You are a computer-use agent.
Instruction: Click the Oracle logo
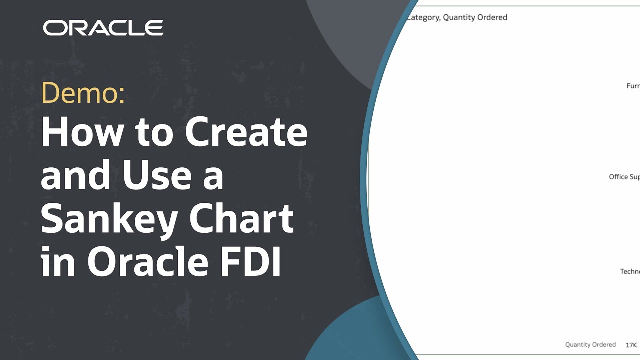click(103, 28)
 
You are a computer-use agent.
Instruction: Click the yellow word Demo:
click(83, 92)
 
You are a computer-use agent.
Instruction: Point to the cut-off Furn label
click(633, 86)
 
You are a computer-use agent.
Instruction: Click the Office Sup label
click(624, 177)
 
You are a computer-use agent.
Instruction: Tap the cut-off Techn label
click(630, 271)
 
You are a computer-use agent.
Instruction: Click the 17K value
click(631, 345)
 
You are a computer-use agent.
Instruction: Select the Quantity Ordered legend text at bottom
click(590, 345)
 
